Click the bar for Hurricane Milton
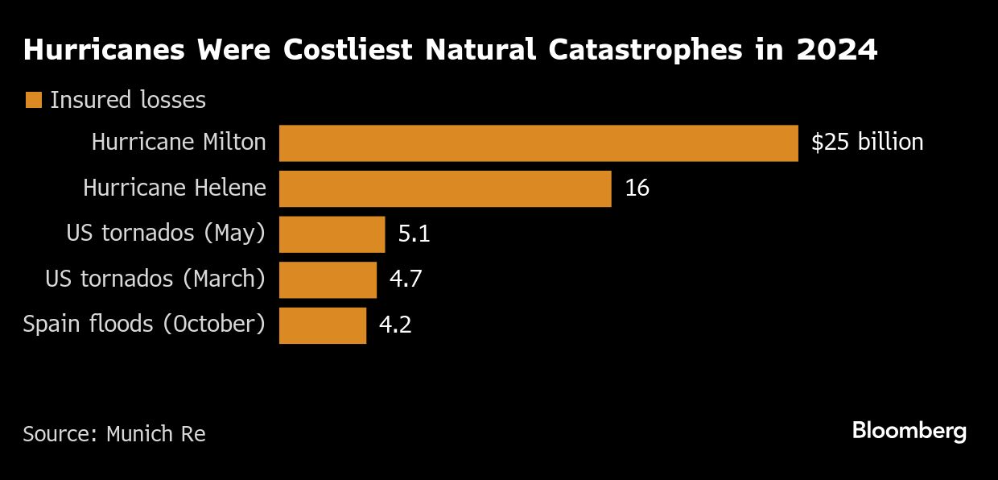coord(538,143)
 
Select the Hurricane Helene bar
coord(445,188)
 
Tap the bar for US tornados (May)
coord(332,234)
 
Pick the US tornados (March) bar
coord(328,279)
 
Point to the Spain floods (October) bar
coord(323,325)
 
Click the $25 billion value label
coord(867,143)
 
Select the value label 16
coord(637,188)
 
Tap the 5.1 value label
coord(414,234)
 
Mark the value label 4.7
coord(406,279)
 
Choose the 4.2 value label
coord(395,325)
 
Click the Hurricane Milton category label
coord(179,143)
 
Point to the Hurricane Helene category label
coord(175,188)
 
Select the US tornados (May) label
coord(166,234)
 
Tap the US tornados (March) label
coord(155,279)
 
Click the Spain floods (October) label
coord(144,325)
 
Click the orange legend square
coord(33,101)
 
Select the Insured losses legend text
coord(128,100)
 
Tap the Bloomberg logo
coord(909,431)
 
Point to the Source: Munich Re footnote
coord(114,434)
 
